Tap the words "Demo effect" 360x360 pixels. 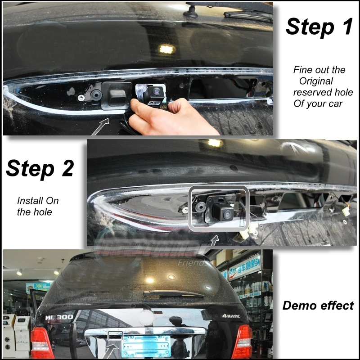tap(318, 306)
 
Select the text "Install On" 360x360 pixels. tap(38, 201)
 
